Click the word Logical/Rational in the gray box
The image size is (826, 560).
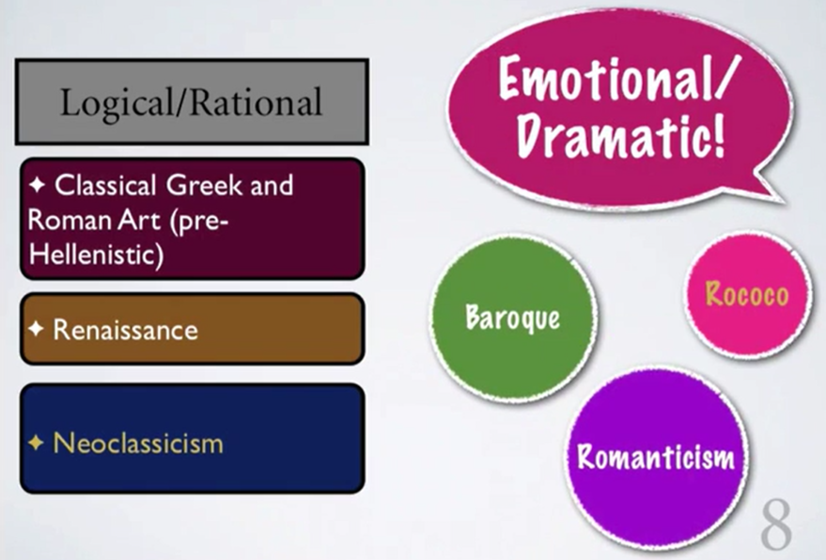[x=191, y=102]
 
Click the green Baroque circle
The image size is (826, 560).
[x=514, y=319]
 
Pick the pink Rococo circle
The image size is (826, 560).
[x=747, y=294]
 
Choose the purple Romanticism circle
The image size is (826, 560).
[x=656, y=457]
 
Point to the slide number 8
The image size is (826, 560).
[x=776, y=524]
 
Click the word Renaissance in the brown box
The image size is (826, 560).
[x=125, y=330]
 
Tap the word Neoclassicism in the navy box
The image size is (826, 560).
[x=138, y=443]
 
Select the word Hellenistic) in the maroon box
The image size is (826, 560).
[x=97, y=255]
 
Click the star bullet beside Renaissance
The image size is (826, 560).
[x=37, y=329]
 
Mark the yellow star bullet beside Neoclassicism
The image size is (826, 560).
[x=36, y=442]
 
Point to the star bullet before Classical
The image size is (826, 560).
[x=37, y=184]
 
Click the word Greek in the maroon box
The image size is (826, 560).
[x=205, y=185]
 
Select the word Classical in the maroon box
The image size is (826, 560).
[x=106, y=185]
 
